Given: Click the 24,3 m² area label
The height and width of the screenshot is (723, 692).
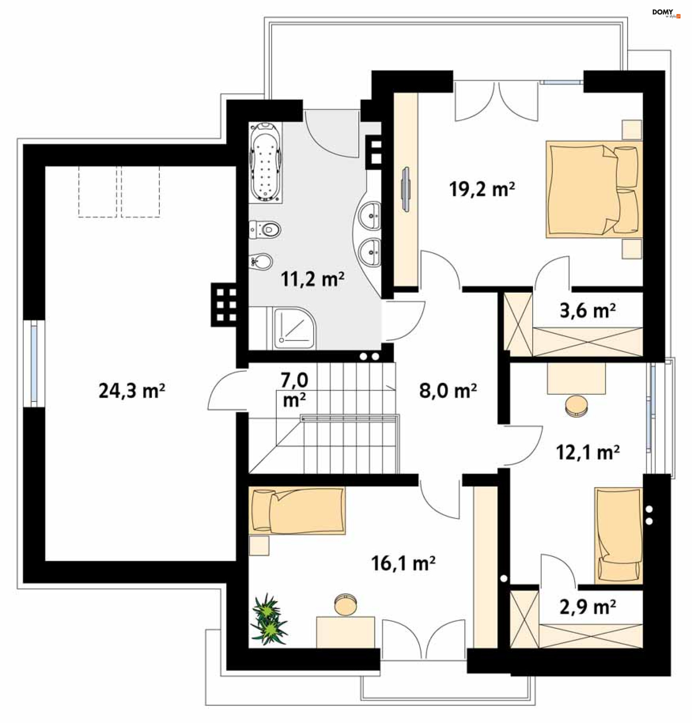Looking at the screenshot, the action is (x=132, y=391).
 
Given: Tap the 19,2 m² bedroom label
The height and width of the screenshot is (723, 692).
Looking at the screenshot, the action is (x=482, y=189).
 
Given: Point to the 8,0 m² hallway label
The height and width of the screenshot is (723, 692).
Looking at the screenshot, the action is (x=447, y=390).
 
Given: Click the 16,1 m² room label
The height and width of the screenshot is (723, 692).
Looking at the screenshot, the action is (x=403, y=563).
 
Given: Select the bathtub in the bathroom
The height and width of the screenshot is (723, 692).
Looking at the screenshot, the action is (x=266, y=163).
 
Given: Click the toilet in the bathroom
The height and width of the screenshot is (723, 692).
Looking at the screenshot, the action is (x=265, y=230).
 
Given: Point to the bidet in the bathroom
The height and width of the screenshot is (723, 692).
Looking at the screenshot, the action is (x=261, y=261).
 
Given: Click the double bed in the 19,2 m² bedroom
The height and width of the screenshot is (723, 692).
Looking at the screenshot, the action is (x=594, y=189).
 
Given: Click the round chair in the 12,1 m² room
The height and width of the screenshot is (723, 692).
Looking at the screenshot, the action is (x=576, y=406).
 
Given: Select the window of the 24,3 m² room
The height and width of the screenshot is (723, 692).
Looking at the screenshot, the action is (x=34, y=363).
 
